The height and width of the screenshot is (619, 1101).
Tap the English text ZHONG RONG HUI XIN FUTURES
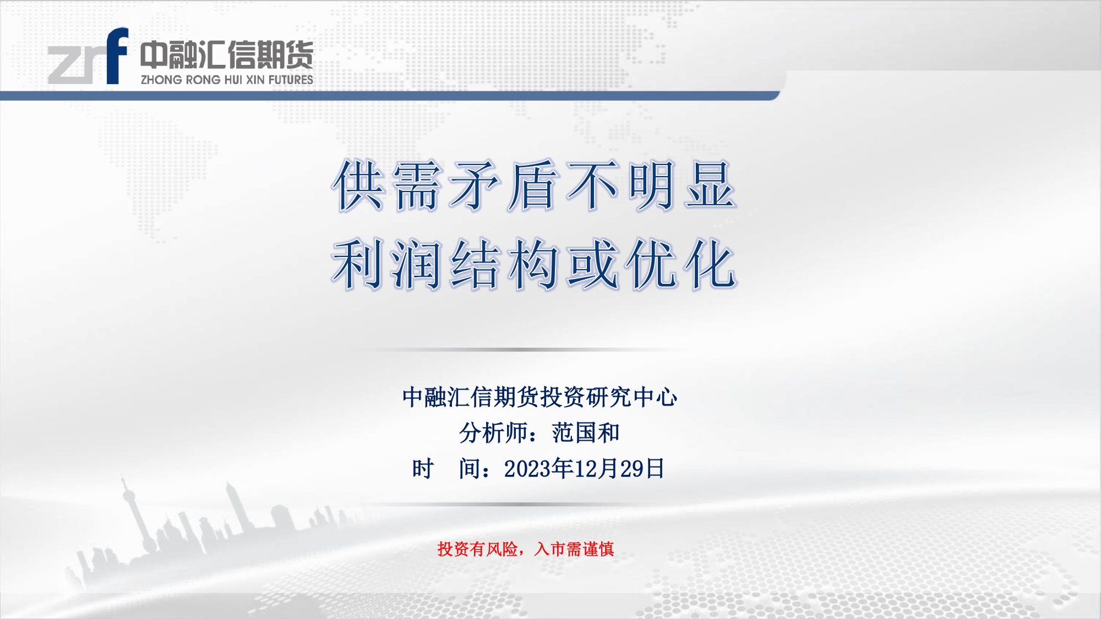pyautogui.click(x=227, y=80)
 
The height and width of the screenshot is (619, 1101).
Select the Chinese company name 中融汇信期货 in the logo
pyautogui.click(x=226, y=55)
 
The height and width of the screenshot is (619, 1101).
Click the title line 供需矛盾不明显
pyautogui.click(x=534, y=185)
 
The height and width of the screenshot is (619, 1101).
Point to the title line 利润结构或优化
pyautogui.click(x=534, y=265)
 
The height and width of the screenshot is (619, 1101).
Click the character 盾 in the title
pyautogui.click(x=533, y=185)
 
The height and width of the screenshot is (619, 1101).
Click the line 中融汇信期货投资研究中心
pyautogui.click(x=539, y=397)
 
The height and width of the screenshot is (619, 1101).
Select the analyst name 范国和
pyautogui.click(x=586, y=433)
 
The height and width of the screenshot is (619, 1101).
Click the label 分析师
pyautogui.click(x=493, y=433)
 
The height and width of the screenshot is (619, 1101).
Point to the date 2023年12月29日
pyautogui.click(x=584, y=469)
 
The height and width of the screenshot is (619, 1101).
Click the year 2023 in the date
pyautogui.click(x=527, y=469)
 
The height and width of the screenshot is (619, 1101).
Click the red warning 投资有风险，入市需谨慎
pyautogui.click(x=526, y=549)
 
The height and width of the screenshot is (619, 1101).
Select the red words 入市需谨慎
pyautogui.click(x=574, y=549)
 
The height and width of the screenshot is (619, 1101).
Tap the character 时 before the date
pyautogui.click(x=423, y=469)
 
